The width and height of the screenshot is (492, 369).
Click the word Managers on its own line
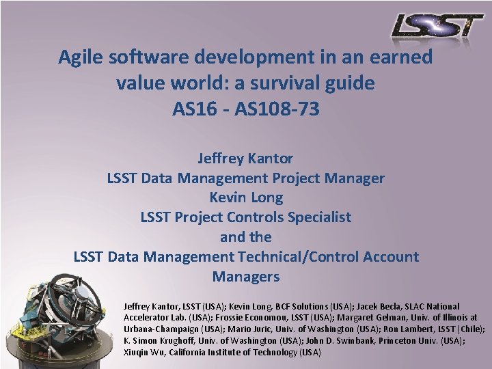pos(246,277)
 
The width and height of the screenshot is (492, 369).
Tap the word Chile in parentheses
pos(471,329)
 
